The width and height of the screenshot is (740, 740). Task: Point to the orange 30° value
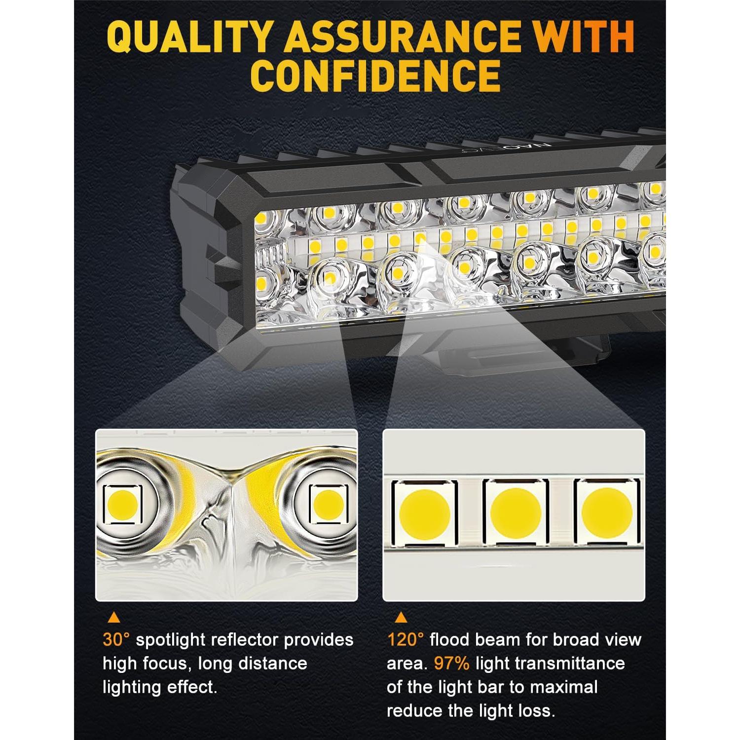tap(116, 640)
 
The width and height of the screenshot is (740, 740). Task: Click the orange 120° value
tap(405, 640)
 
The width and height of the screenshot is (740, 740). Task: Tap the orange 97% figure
tap(451, 664)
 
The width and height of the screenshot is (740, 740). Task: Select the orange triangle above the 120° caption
tap(402, 617)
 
